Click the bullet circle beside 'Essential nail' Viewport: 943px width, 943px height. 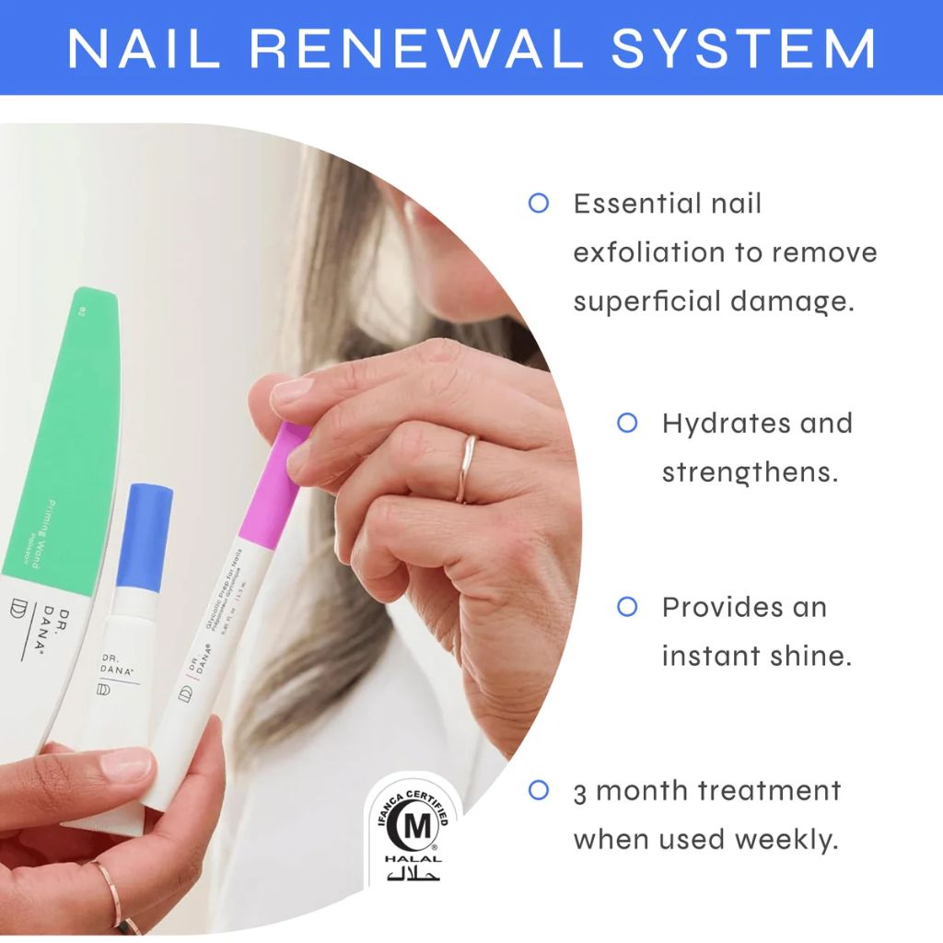tap(538, 203)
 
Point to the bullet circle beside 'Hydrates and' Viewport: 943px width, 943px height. tap(627, 423)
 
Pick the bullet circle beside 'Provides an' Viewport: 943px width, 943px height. tap(627, 607)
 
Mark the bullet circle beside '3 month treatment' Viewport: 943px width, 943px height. tap(538, 790)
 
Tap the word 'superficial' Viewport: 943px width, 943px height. tap(652, 301)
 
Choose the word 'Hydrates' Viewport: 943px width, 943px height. tap(714, 424)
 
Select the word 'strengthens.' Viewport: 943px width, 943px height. tap(750, 473)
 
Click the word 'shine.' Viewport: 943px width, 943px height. tap(809, 656)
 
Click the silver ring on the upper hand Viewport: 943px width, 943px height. tap(467, 468)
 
